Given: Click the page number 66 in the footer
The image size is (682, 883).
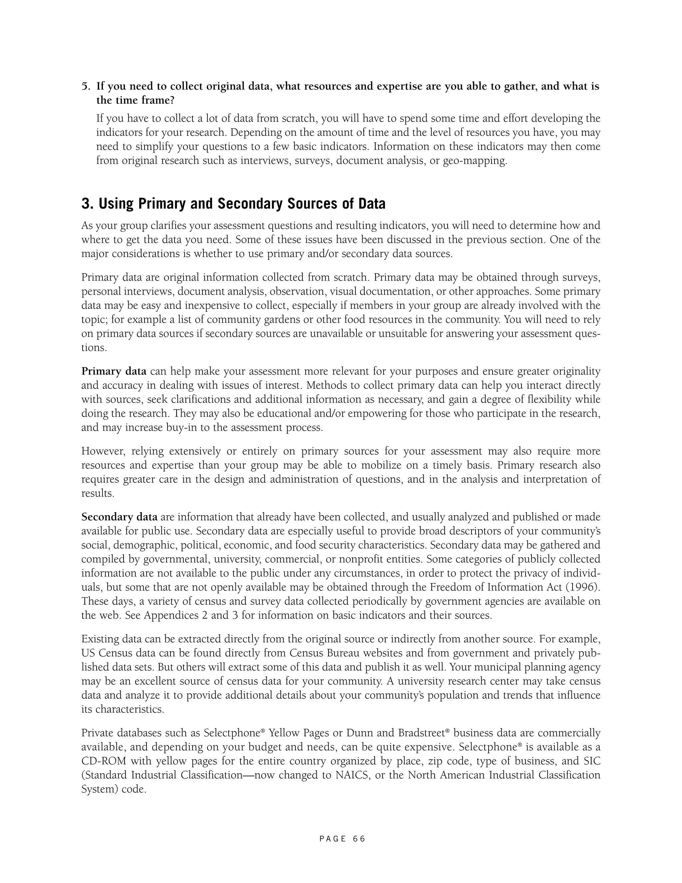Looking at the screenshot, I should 359,839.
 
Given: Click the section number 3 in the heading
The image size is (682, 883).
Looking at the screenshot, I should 86,204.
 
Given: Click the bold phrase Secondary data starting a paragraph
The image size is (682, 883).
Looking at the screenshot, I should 119,517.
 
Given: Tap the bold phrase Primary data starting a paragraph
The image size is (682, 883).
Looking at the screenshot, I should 114,371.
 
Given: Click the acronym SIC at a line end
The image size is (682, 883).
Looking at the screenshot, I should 591,761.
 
